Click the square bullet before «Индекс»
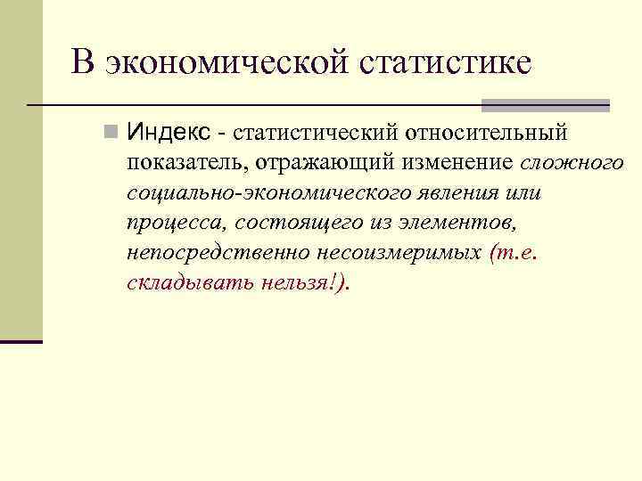(x=110, y=134)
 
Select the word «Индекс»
(x=169, y=134)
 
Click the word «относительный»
(x=487, y=134)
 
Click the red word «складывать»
(x=183, y=282)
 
